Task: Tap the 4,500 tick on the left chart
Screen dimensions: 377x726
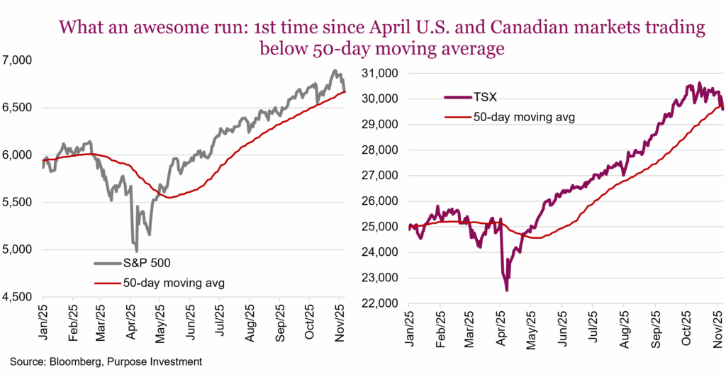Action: coord(20,296)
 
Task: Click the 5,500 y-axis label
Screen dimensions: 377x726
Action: coord(20,202)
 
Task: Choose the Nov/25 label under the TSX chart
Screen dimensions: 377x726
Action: coord(717,330)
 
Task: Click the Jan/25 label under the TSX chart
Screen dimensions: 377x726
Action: coord(410,330)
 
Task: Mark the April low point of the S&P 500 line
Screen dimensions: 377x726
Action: coord(136,250)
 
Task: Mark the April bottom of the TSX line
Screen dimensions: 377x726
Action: coord(506,290)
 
